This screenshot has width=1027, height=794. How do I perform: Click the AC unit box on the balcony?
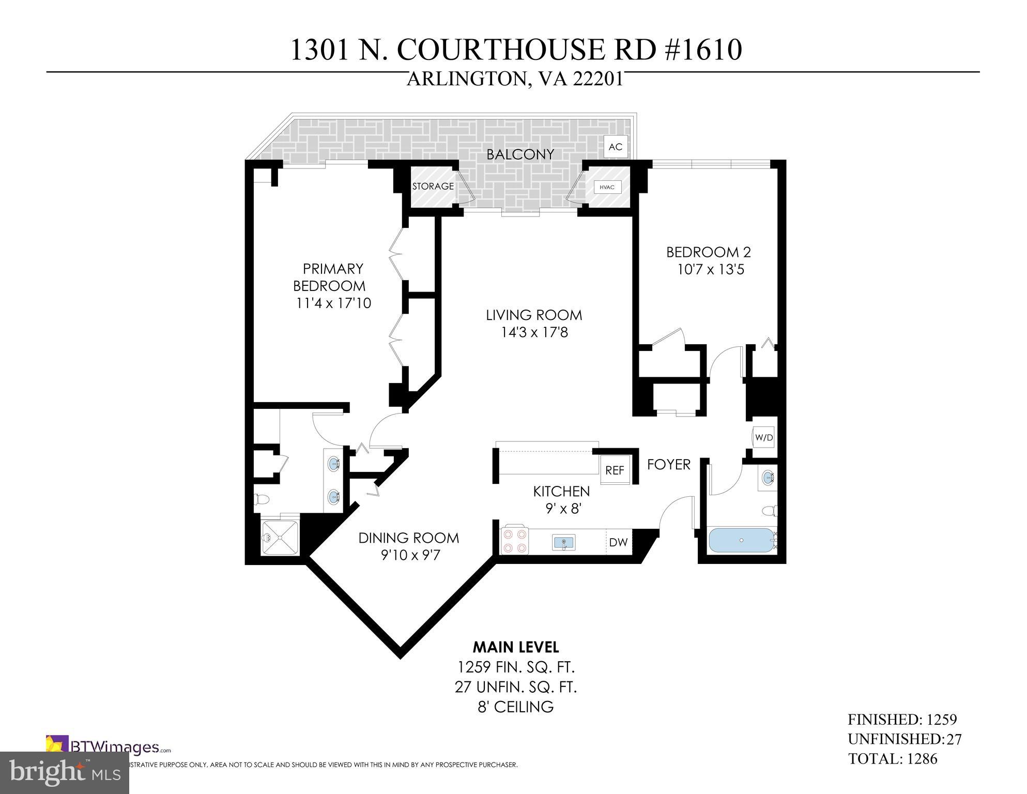(x=615, y=147)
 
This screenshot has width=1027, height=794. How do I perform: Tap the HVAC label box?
(x=607, y=187)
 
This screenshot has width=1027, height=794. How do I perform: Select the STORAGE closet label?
(x=433, y=186)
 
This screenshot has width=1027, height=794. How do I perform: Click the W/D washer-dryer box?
(x=763, y=437)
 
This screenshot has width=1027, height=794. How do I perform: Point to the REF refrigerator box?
(x=615, y=470)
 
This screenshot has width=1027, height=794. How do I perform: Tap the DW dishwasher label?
(x=618, y=542)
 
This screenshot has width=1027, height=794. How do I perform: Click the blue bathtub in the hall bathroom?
(x=741, y=540)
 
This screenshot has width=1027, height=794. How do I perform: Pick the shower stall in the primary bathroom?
(x=280, y=538)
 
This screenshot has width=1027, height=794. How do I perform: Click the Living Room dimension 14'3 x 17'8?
(x=534, y=332)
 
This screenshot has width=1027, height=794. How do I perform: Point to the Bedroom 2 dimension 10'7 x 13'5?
(x=710, y=270)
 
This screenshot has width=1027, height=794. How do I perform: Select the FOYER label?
(x=668, y=464)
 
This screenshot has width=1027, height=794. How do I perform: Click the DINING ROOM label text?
(x=408, y=538)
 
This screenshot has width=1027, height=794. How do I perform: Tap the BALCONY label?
(x=520, y=154)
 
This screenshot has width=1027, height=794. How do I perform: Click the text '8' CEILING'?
(x=515, y=707)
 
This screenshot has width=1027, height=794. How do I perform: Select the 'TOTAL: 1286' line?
(x=892, y=759)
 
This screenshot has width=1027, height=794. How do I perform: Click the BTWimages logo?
(x=109, y=747)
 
